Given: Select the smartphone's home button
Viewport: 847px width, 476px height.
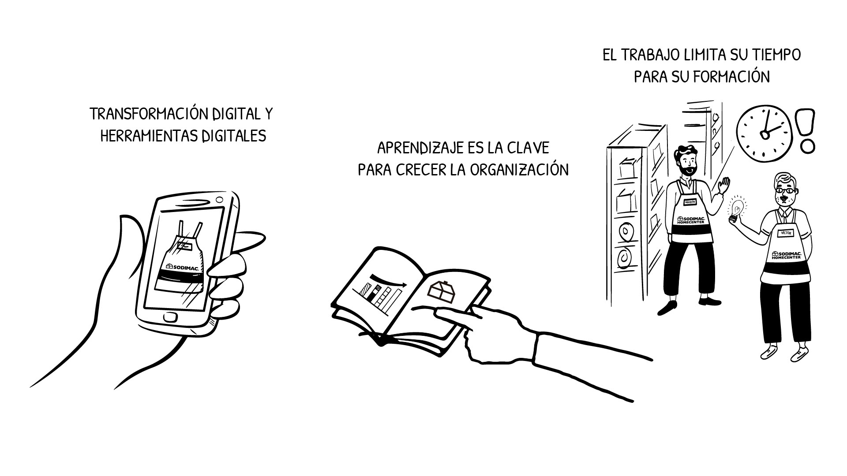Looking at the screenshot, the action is tap(170, 316).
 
